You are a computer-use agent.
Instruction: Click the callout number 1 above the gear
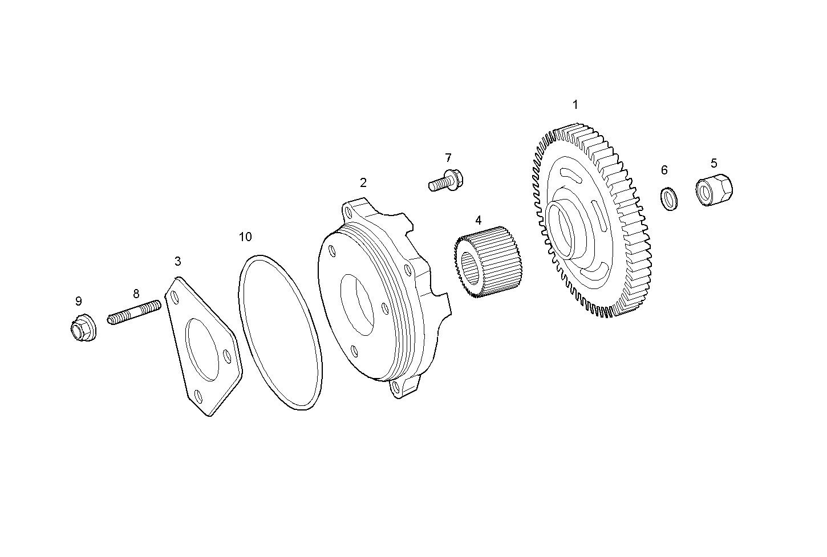[575, 105]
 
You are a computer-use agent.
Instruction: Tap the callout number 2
[363, 183]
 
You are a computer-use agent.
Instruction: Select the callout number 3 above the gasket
[178, 262]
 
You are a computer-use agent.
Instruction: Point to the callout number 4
[478, 220]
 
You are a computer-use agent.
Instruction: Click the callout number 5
[714, 164]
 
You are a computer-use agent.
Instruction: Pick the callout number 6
[664, 170]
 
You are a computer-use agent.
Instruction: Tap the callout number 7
[448, 158]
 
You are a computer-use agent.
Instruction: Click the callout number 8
[136, 294]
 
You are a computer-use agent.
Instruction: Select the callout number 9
[79, 301]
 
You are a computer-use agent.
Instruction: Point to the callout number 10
[245, 237]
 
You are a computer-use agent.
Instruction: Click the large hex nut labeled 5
[715, 189]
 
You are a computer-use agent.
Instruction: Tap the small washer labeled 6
[668, 198]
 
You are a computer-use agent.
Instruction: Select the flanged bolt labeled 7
[447, 181]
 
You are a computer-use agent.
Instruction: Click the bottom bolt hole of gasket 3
[198, 396]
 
